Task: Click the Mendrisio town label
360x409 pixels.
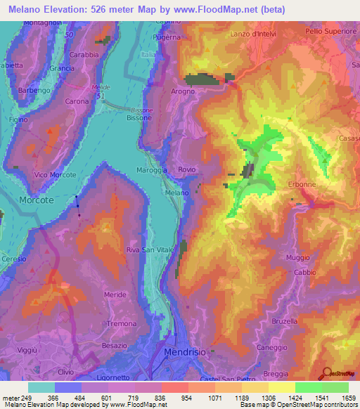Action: pyautogui.click(x=185, y=351)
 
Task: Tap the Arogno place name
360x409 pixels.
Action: pyautogui.click(x=182, y=91)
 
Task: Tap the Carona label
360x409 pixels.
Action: pyautogui.click(x=77, y=101)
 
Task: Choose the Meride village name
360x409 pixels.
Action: pyautogui.click(x=115, y=294)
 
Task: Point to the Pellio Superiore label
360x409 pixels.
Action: pyautogui.click(x=330, y=32)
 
